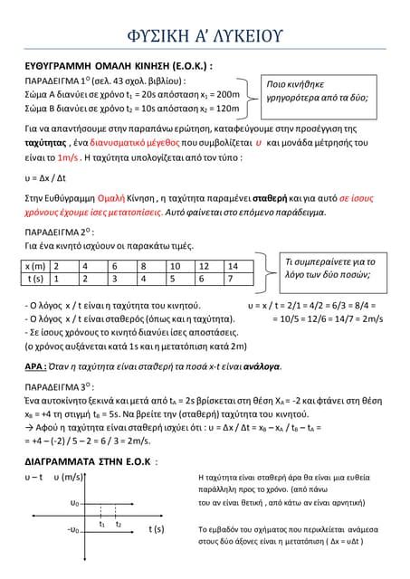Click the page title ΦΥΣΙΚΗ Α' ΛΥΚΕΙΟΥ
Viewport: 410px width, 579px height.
click(x=205, y=35)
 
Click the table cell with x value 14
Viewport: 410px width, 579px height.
click(x=234, y=266)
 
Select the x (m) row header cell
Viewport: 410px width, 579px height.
click(x=35, y=266)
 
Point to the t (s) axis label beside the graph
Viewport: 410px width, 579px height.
click(x=156, y=528)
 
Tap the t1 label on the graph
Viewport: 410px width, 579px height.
click(x=102, y=524)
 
